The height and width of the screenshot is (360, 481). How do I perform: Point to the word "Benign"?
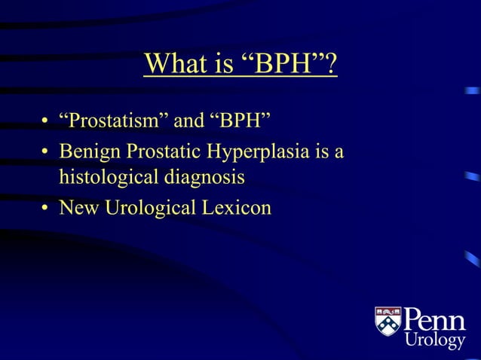(x=91, y=152)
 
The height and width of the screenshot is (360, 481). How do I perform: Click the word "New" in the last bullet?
(x=77, y=207)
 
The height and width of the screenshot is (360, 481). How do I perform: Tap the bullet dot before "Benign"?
(x=45, y=154)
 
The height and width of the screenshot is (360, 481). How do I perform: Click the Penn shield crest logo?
(x=388, y=321)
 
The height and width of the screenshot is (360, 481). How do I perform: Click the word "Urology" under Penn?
(x=435, y=341)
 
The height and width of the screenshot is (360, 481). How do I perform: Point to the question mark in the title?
(x=330, y=64)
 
